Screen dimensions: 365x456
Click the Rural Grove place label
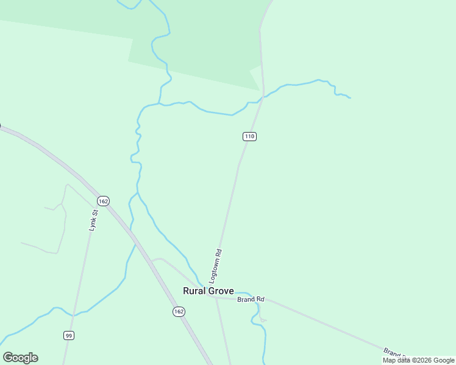(208, 291)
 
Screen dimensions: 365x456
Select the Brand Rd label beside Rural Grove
(251, 299)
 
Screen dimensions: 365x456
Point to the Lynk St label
(93, 220)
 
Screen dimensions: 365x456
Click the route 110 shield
(249, 136)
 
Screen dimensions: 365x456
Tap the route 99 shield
(69, 335)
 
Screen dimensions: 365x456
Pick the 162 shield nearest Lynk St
(103, 201)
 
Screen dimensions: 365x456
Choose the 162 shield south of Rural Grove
(178, 311)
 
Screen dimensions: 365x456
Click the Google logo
(20, 358)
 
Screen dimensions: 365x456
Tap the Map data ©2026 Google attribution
(418, 360)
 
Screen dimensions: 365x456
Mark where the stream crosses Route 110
(263, 98)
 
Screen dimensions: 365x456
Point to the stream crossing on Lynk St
(73, 315)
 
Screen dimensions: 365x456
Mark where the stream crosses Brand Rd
(249, 298)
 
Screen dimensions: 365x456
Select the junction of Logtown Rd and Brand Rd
(216, 297)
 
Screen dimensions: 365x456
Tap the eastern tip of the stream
(350, 97)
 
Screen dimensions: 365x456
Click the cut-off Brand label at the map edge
(393, 353)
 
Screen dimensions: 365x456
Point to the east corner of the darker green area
(260, 90)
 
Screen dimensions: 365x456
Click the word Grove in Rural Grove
(221, 291)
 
